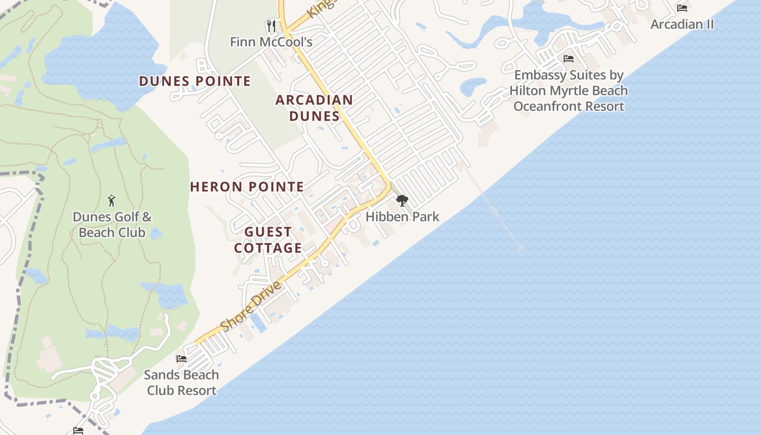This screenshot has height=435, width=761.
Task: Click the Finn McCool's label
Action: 271,42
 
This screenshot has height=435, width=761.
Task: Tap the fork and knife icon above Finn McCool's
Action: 271,26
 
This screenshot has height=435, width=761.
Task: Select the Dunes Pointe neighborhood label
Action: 195,82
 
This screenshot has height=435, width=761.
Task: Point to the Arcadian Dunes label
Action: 314,108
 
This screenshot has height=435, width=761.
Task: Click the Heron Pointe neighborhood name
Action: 247,187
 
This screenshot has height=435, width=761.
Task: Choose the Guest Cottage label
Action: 268,240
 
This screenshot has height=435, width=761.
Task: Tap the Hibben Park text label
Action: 402,216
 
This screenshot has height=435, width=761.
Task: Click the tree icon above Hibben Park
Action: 402,201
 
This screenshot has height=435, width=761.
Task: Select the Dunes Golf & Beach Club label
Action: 112,225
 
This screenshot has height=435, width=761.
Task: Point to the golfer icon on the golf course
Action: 111,201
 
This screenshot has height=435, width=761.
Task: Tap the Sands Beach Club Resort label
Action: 181,382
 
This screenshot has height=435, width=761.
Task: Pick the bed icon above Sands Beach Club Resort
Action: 181,359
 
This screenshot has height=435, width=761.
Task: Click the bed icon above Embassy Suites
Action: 569,59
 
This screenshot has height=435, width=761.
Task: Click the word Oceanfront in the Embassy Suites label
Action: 552,106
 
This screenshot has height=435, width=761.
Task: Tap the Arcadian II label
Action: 682,24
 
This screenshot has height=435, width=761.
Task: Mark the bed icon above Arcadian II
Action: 682,8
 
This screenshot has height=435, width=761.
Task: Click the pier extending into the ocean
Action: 495,209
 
